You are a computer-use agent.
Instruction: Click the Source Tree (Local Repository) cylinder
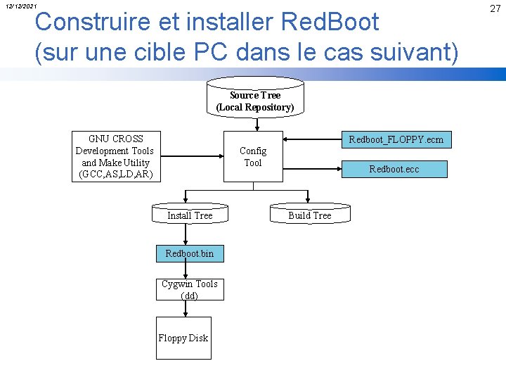click(x=254, y=101)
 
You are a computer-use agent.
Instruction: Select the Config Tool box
click(x=253, y=156)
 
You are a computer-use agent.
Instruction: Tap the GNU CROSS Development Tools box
click(x=115, y=156)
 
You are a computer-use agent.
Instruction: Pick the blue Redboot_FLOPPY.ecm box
click(x=396, y=139)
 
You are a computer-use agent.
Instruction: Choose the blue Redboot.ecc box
click(x=394, y=169)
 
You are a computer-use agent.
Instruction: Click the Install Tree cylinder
click(x=189, y=215)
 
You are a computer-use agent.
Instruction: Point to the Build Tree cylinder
click(x=309, y=215)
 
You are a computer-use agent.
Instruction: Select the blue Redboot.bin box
click(x=189, y=253)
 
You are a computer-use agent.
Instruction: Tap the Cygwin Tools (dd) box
click(x=189, y=289)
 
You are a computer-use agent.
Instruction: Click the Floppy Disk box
click(x=183, y=338)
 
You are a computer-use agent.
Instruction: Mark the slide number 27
click(x=495, y=8)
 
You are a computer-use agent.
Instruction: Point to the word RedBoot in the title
click(x=330, y=22)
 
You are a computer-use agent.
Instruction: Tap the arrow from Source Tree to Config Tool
click(x=257, y=124)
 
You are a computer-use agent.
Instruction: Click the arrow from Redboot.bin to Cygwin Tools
click(x=186, y=270)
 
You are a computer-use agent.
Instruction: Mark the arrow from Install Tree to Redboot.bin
click(x=186, y=234)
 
